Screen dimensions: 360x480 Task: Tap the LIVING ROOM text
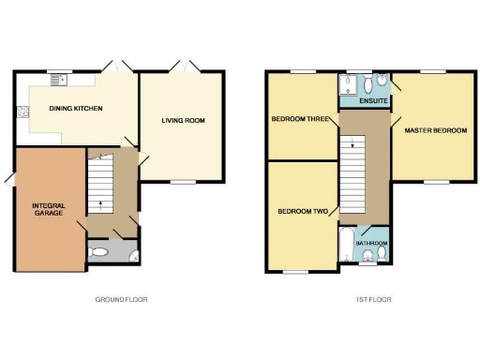click(183, 120)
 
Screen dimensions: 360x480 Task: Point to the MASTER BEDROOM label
click(435, 130)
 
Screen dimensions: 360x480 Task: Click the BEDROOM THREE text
click(299, 120)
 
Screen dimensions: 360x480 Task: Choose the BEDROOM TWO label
click(302, 211)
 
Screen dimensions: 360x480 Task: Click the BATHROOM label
click(372, 242)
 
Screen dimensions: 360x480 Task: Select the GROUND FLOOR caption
click(121, 300)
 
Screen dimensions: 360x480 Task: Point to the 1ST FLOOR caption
click(374, 300)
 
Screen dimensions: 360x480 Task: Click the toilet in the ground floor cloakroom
click(98, 252)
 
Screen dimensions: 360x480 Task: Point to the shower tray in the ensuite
click(346, 88)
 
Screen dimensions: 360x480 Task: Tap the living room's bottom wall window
click(183, 182)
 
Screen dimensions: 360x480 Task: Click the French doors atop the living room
click(183, 67)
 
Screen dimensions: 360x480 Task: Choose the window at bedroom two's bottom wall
click(295, 272)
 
